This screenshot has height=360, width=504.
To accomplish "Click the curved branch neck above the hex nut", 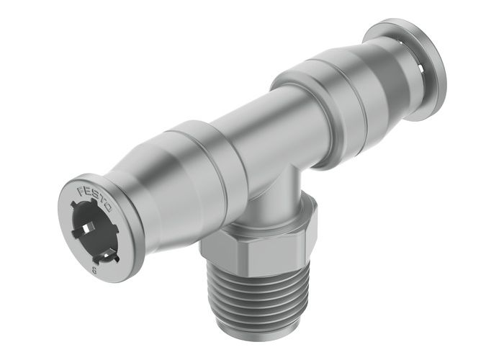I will click(x=274, y=194).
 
